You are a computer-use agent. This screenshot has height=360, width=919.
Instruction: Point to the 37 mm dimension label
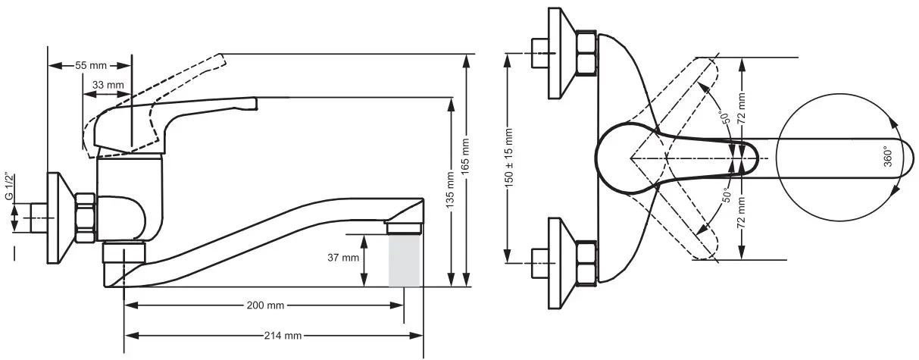344,258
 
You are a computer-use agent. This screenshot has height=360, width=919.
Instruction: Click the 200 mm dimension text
265,305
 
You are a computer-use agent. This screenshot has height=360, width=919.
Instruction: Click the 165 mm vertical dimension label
467,159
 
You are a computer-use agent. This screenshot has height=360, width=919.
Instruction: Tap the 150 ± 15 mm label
509,158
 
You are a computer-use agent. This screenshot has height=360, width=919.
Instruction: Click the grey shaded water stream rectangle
404,259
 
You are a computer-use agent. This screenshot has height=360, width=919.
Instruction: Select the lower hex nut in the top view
586,262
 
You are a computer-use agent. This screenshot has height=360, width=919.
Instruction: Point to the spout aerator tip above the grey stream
404,227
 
